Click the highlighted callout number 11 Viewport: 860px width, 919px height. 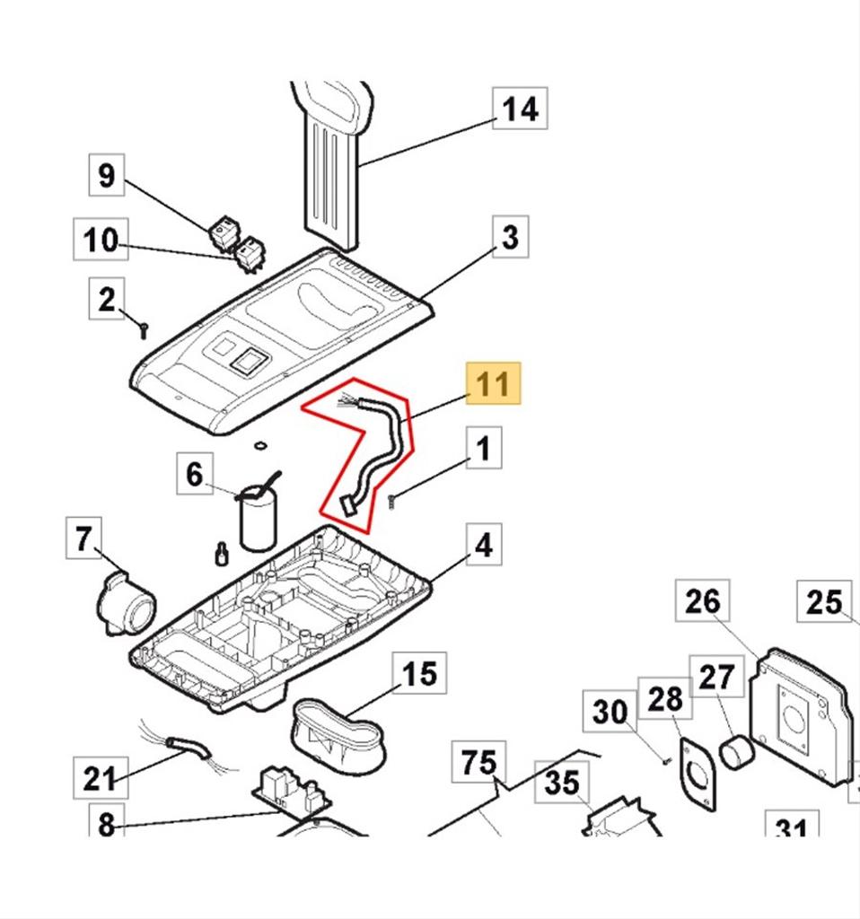coord(493,385)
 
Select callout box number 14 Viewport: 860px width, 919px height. coord(520,109)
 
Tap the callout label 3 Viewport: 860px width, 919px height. coord(509,238)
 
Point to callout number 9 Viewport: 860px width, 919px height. coord(107,175)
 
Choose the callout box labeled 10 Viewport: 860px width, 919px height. coord(101,240)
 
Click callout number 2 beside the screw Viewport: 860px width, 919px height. coord(107,300)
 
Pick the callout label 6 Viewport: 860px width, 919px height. coord(195,473)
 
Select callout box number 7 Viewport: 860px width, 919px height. coord(83,539)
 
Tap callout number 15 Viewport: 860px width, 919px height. coord(419,673)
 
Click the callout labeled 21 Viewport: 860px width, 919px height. coord(99,777)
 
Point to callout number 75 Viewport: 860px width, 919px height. coord(478,763)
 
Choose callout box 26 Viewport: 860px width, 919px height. coord(702,601)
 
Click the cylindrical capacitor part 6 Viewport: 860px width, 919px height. coord(257,522)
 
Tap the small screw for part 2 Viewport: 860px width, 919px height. coord(143,332)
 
